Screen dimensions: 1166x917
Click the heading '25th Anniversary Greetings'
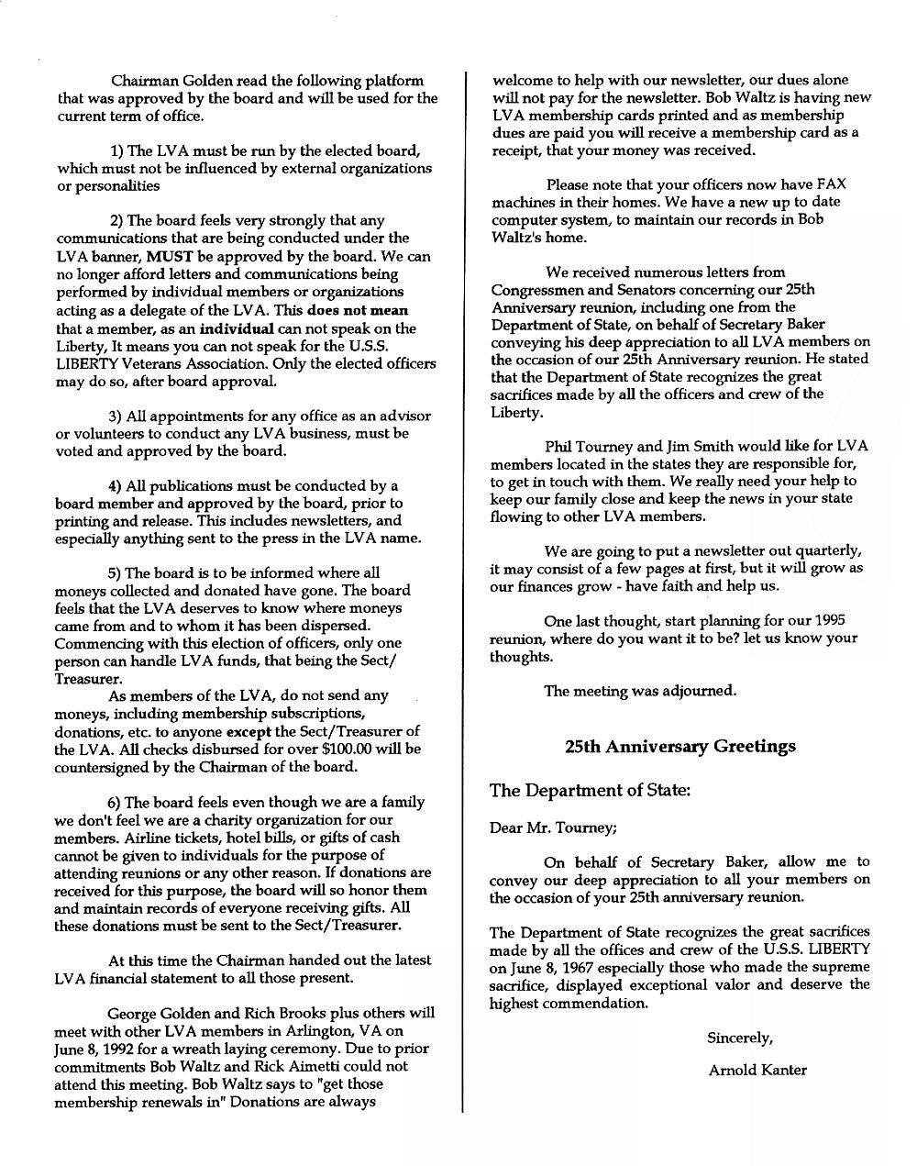[x=680, y=746]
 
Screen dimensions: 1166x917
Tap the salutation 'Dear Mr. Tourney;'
[x=553, y=827]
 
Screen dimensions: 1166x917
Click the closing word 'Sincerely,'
[x=740, y=1038]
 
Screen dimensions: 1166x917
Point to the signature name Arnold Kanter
[x=757, y=1070]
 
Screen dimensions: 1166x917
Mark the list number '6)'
[x=115, y=802]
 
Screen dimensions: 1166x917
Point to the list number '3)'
[x=115, y=416]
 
